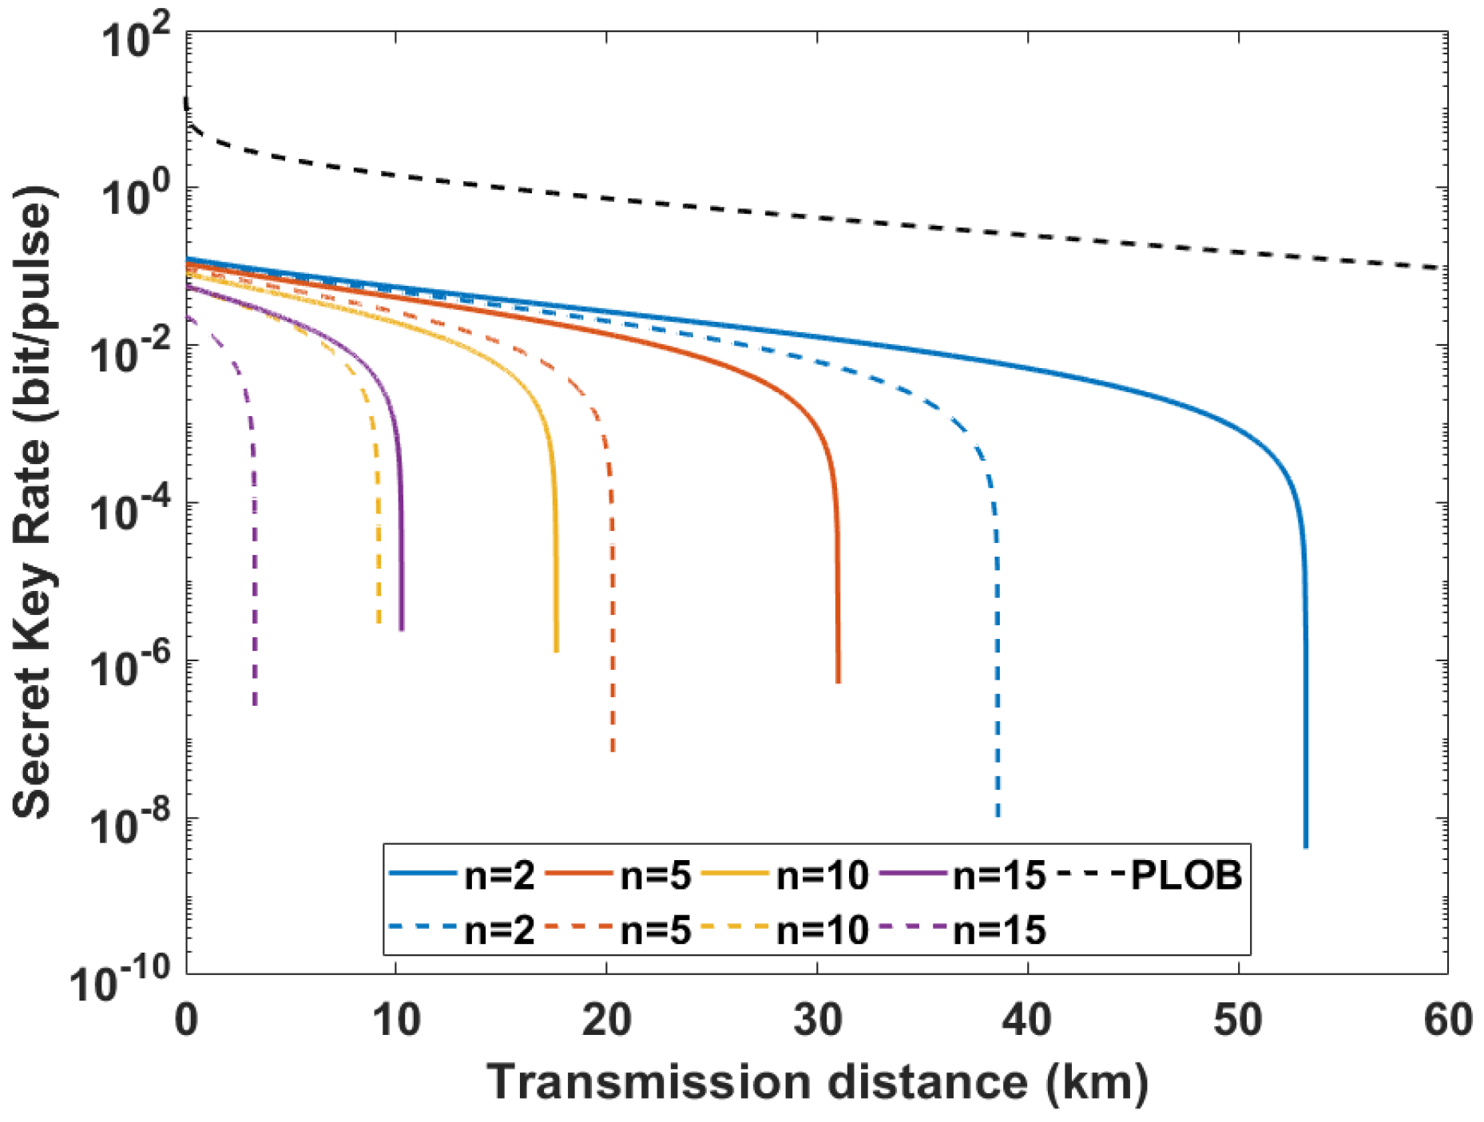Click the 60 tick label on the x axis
(1447, 1021)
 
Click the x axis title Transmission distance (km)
(816, 1083)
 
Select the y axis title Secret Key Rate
(34, 503)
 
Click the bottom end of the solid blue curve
(1305, 845)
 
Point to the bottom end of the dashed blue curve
(998, 814)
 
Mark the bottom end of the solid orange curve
(838, 680)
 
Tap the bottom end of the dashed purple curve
(255, 703)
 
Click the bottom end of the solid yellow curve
(556, 649)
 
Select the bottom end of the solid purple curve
(402, 628)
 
